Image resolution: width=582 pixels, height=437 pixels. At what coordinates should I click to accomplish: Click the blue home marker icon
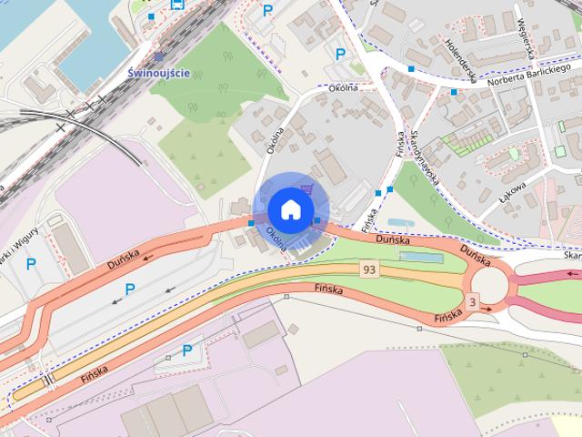click(x=290, y=208)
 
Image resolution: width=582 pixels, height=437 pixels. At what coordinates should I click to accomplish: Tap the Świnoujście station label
click(x=159, y=73)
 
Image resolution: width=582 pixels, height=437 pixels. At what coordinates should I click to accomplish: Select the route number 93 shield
click(x=368, y=269)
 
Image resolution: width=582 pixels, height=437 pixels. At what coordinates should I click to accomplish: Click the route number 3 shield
click(x=472, y=301)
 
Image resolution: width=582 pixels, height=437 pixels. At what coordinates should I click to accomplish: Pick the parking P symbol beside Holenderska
click(x=340, y=55)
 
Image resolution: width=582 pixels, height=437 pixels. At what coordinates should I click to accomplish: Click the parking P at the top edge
click(x=266, y=11)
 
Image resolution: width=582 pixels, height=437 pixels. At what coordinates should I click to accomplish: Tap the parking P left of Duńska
click(x=129, y=290)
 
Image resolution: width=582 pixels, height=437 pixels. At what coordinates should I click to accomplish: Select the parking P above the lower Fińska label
click(x=186, y=350)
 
